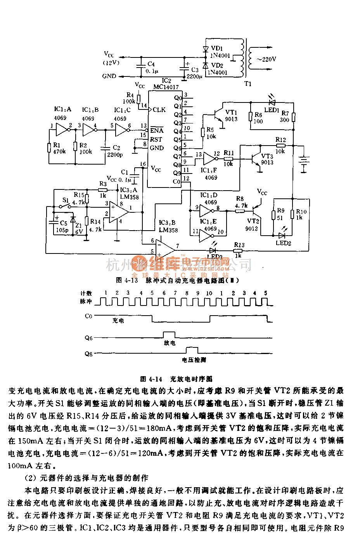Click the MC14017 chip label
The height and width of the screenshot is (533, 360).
166,87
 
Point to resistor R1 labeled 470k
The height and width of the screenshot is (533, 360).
49,148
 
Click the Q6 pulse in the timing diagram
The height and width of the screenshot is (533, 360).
169,335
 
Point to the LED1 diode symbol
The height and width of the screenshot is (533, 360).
272,102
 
